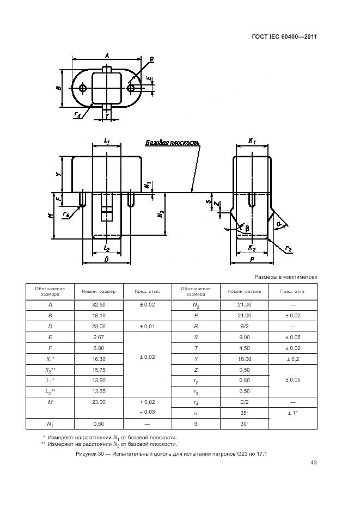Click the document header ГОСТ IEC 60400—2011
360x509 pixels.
pos(285,37)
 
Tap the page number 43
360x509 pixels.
pos(313,463)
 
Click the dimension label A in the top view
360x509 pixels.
pos(107,54)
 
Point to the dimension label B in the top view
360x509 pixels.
pos(59,88)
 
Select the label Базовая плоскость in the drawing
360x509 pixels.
pos(172,143)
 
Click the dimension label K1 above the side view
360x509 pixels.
pos(252,141)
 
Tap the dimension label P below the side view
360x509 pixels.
pos(252,260)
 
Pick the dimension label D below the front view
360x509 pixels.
pos(106,260)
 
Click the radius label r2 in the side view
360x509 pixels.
pos(288,249)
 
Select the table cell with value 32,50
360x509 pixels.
pos(99,305)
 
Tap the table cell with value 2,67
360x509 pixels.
pos(99,337)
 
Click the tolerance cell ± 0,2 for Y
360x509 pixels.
pos(292,359)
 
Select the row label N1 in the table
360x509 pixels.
pos(50,424)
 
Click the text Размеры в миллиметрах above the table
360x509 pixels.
pos(285,277)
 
